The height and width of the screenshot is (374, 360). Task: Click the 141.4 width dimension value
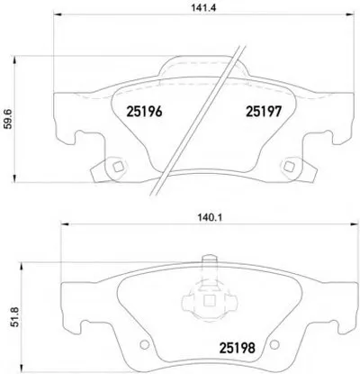pos(203,8)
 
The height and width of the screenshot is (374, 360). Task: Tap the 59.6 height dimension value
pos(9,119)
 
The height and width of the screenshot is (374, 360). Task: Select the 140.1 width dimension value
pos(210,218)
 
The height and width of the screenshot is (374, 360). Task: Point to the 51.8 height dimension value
pos(16,317)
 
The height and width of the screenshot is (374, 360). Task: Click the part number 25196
pos(144,112)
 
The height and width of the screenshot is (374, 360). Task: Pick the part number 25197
pos(264,112)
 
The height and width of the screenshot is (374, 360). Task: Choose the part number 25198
pos(238,348)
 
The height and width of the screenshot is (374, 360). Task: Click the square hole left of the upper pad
pos(117,166)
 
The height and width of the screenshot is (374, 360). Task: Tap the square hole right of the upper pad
pos(289,166)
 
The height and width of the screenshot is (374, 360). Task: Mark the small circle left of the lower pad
pos(145,344)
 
